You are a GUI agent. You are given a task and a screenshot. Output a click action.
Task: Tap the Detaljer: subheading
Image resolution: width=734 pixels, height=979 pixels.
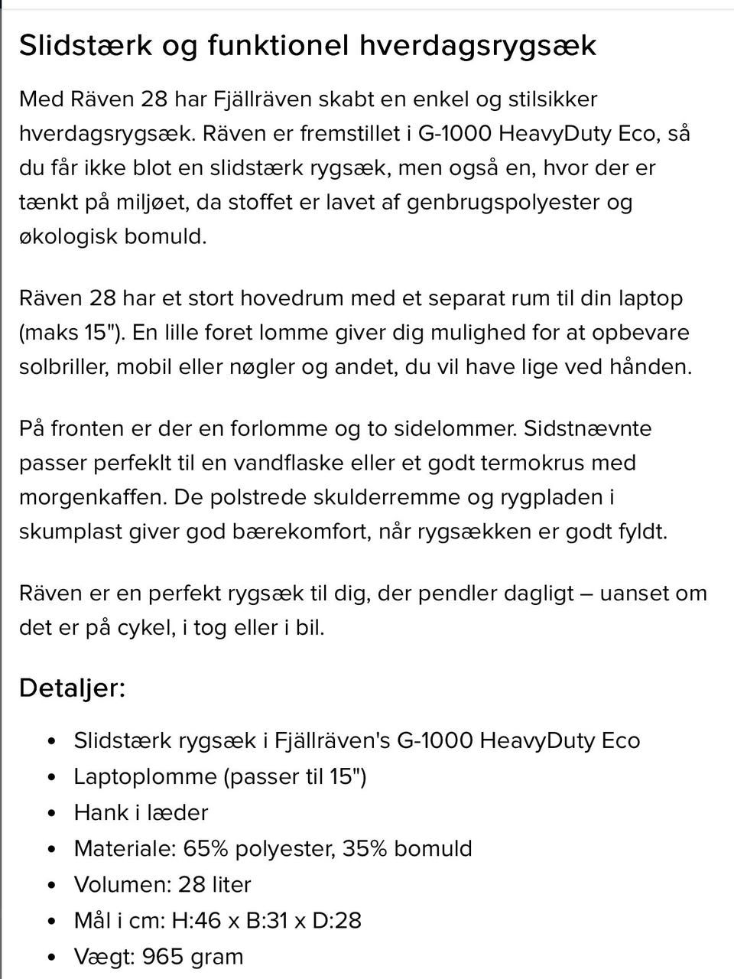tap(72, 688)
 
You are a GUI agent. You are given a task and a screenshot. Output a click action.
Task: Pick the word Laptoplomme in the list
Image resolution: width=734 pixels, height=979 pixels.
tap(145, 777)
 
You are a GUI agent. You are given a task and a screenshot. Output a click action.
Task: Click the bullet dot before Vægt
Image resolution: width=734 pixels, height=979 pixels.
tap(52, 957)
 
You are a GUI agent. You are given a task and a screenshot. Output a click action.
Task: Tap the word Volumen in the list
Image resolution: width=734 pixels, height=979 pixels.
tap(122, 884)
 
